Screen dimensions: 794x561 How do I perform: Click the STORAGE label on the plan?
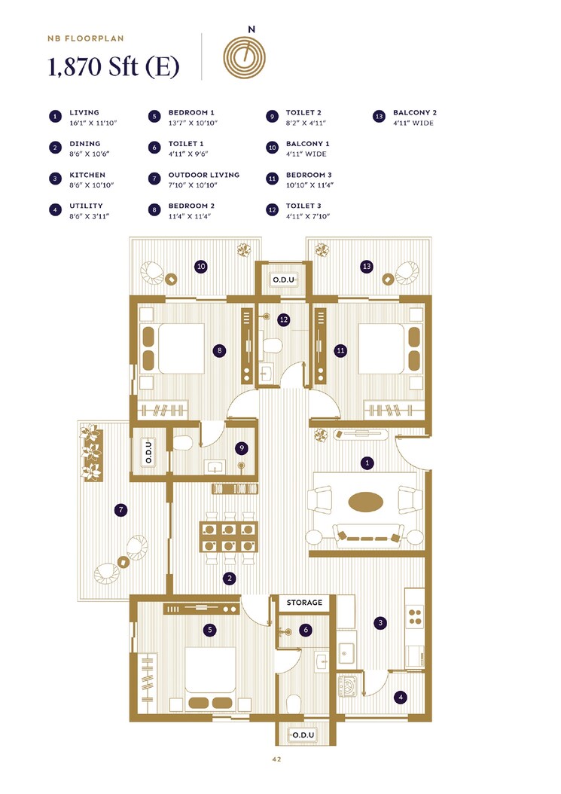(304, 603)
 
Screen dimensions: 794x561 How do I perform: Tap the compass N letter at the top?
(251, 29)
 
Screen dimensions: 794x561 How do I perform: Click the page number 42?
(276, 759)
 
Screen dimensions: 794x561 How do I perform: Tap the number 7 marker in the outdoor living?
(120, 510)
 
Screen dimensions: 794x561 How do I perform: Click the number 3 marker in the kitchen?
(381, 622)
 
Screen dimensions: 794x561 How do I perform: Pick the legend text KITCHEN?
(87, 175)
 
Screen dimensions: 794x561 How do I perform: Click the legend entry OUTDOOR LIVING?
(203, 175)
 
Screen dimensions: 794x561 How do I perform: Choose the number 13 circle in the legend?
(379, 117)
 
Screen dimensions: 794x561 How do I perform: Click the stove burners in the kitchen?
(414, 616)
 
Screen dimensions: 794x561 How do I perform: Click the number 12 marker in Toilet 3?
(283, 320)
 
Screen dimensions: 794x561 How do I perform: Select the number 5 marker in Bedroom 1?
(210, 630)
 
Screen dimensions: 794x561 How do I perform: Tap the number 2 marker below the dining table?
(229, 579)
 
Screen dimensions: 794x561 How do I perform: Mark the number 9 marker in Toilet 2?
(241, 448)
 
